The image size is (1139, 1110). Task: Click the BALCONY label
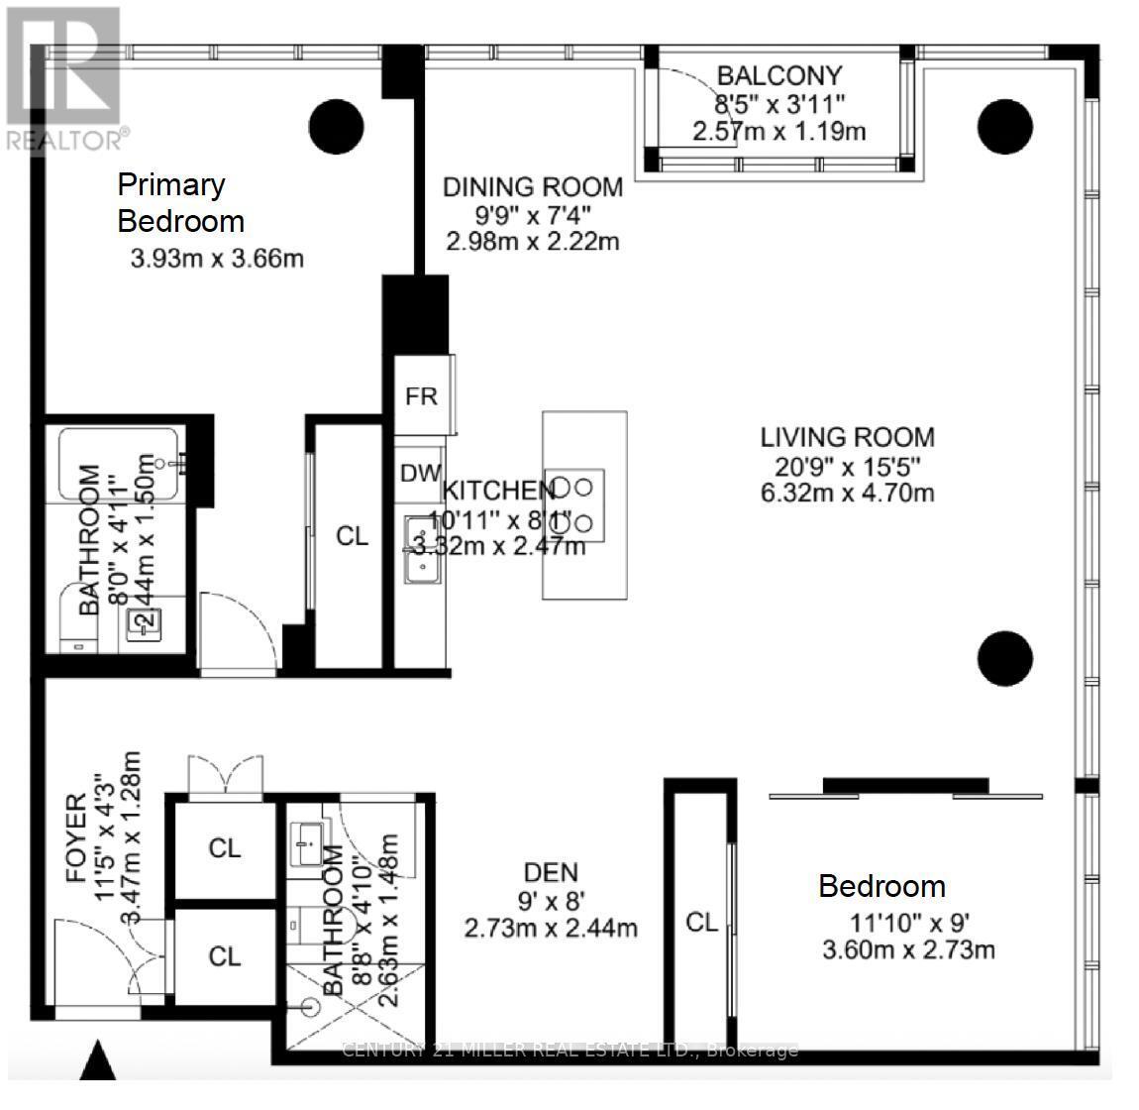pyautogui.click(x=778, y=75)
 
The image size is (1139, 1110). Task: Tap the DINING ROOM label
pyautogui.click(x=532, y=186)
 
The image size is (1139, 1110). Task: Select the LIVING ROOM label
pyautogui.click(x=847, y=437)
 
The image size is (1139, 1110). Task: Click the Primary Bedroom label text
pyautogui.click(x=180, y=202)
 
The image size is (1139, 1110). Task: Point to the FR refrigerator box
pyautogui.click(x=422, y=395)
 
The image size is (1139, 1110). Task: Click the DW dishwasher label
pyautogui.click(x=420, y=474)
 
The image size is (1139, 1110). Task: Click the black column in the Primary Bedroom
pyautogui.click(x=337, y=127)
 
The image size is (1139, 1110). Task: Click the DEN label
pyautogui.click(x=551, y=871)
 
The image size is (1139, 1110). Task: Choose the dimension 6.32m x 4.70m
pyautogui.click(x=847, y=493)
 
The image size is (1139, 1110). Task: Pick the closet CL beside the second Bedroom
pyautogui.click(x=701, y=922)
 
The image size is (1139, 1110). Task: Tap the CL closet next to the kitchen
pyautogui.click(x=352, y=536)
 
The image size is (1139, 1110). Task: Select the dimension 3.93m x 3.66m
pyautogui.click(x=217, y=260)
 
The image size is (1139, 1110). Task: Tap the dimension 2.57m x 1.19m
pyautogui.click(x=778, y=131)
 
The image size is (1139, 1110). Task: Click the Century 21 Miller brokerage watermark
pyautogui.click(x=569, y=1050)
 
